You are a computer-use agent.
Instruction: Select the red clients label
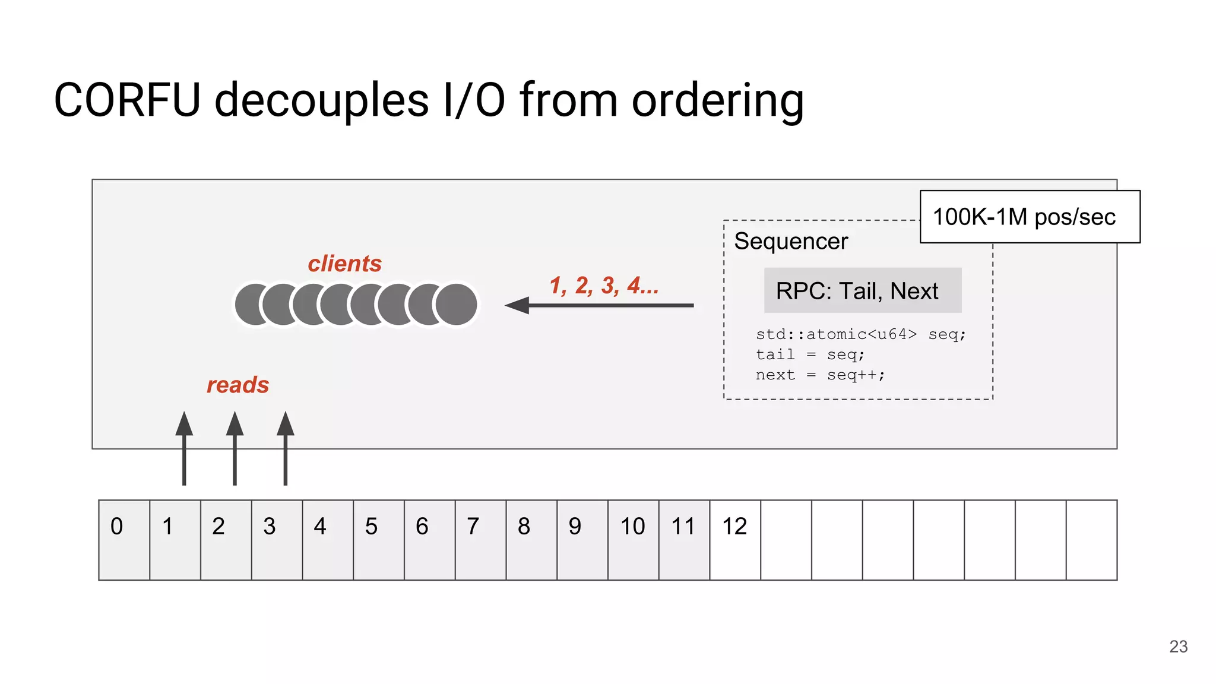click(344, 264)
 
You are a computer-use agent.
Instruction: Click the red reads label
click(237, 385)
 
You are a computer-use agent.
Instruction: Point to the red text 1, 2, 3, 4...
click(603, 286)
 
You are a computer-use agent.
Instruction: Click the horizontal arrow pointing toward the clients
click(600, 305)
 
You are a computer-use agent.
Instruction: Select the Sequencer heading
click(791, 241)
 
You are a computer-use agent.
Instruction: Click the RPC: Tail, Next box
click(862, 290)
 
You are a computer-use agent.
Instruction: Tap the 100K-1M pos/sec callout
click(1030, 217)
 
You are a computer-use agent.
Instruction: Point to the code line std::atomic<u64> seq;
click(860, 334)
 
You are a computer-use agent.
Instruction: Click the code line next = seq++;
click(820, 375)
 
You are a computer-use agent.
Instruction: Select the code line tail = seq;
click(810, 354)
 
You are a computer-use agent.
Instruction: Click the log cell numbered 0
click(124, 540)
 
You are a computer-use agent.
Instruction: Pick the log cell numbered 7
click(480, 540)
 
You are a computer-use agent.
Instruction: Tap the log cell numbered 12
click(735, 540)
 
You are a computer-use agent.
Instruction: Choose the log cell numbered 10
click(633, 540)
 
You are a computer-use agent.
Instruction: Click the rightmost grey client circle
click(456, 305)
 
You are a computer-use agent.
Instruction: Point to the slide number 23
click(1178, 647)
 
